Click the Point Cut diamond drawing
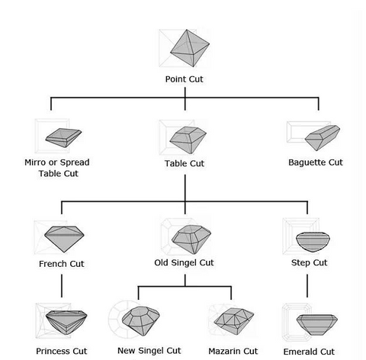(190, 48)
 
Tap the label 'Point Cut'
(184, 79)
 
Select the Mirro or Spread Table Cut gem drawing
(63, 137)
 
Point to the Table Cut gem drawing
(188, 140)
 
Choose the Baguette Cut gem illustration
(323, 137)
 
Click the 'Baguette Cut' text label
(316, 162)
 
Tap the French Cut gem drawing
(64, 239)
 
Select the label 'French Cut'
(62, 264)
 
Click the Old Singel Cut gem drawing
(191, 239)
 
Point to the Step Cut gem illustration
(313, 242)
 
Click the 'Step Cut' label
(309, 262)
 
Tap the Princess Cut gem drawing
(66, 322)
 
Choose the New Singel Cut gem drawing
(141, 321)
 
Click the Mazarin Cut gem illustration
(234, 321)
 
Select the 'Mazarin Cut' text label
(233, 351)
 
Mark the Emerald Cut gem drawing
(317, 325)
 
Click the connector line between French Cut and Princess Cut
(62, 286)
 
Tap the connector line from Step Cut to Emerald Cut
(307, 286)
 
